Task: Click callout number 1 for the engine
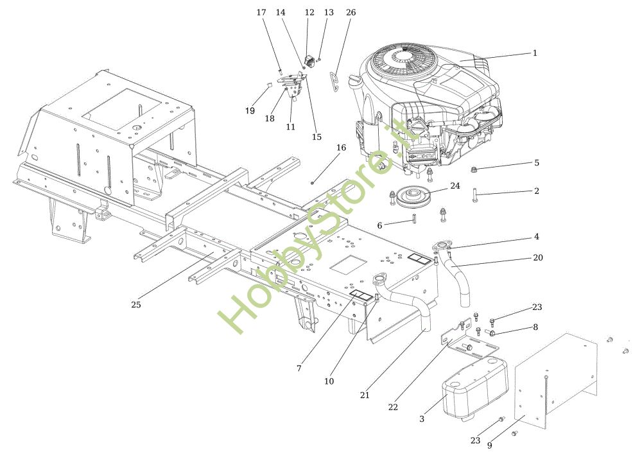[x=535, y=53]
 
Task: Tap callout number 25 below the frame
[x=135, y=304]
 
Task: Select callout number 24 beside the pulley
[x=455, y=186]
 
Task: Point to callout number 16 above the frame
[x=341, y=148]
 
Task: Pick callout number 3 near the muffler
[x=422, y=418]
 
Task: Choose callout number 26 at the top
[x=351, y=12]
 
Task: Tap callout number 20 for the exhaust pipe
[x=538, y=257]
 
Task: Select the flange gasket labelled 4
[x=441, y=246]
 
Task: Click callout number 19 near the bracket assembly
[x=250, y=110]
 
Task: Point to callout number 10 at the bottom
[x=329, y=381]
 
